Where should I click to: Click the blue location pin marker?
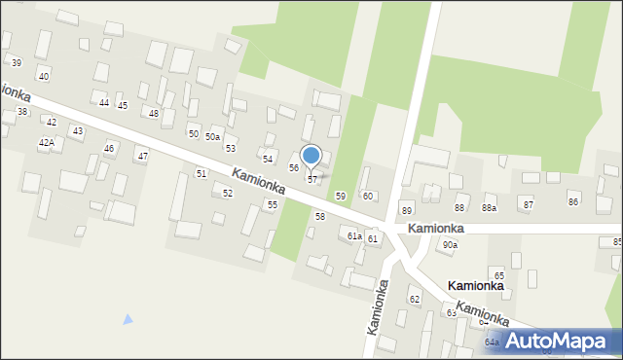click(311, 157)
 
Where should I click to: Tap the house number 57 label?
click(311, 180)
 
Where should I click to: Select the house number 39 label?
click(17, 62)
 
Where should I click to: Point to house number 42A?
click(46, 143)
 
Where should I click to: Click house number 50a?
click(212, 137)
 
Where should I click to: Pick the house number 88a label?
click(489, 208)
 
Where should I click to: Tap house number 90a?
click(449, 245)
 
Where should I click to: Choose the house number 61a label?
click(354, 236)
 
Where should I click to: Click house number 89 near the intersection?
click(407, 210)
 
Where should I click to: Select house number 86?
click(573, 201)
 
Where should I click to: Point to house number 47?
click(142, 156)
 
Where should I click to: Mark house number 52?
click(227, 194)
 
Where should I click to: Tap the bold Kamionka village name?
click(475, 286)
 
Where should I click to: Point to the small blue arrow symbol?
click(128, 319)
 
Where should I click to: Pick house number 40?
click(43, 76)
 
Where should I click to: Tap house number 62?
click(414, 299)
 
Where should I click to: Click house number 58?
click(319, 216)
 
